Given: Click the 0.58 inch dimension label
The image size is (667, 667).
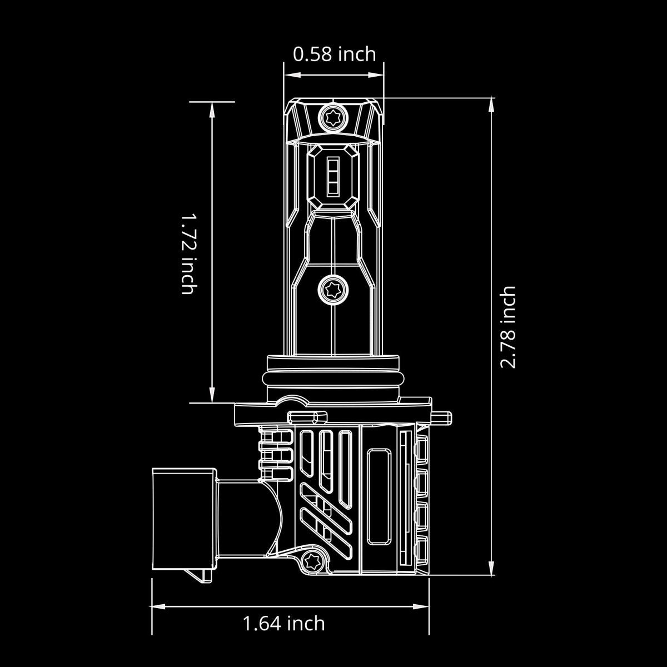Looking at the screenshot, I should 334,54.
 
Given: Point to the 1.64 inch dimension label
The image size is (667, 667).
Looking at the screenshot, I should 283,623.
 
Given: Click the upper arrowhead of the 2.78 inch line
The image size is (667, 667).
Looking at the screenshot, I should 491,106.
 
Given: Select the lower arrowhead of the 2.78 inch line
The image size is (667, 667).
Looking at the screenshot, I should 491,568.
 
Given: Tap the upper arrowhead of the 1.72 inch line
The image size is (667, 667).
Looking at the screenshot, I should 212,109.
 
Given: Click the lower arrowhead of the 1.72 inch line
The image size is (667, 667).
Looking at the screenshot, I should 212,394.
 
